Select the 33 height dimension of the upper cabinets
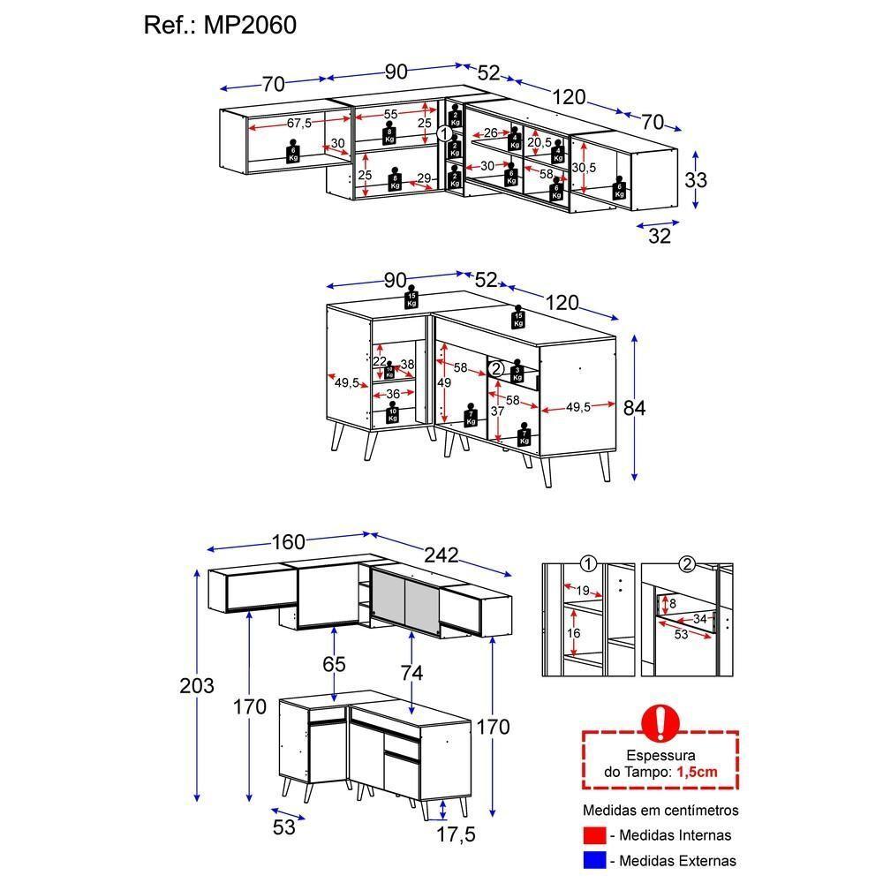(696, 180)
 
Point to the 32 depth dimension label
(660, 236)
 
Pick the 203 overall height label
(196, 686)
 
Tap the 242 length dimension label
(441, 555)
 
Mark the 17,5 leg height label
(456, 834)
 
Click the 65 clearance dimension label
(335, 664)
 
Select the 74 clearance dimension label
(411, 673)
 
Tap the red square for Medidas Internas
(594, 835)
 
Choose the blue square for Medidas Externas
(594, 860)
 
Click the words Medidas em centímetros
(660, 810)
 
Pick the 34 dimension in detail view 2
(700, 619)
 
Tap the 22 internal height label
(380, 361)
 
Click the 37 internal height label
(499, 411)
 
